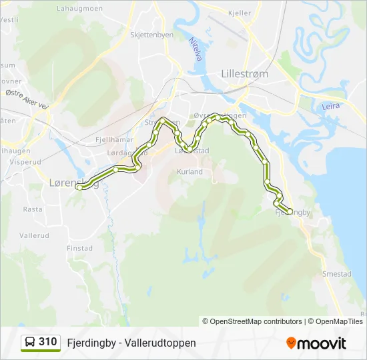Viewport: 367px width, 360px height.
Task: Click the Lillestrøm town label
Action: coord(244,74)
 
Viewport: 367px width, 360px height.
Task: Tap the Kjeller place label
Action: coord(240,13)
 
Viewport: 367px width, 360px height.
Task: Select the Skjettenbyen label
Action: coord(151,35)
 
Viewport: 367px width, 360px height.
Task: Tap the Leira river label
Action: coord(331,106)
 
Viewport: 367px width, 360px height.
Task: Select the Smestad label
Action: coord(336,273)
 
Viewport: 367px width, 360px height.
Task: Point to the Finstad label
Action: coord(79,248)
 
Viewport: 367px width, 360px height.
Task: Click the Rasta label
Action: coord(33,209)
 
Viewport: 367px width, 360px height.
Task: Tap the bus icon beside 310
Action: coord(31,342)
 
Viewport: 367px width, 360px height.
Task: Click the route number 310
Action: coord(47,342)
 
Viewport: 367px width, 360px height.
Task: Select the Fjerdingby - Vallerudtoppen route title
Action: coord(131,343)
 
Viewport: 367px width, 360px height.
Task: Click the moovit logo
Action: coord(316,343)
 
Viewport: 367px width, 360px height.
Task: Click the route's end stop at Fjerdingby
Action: coord(289,211)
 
